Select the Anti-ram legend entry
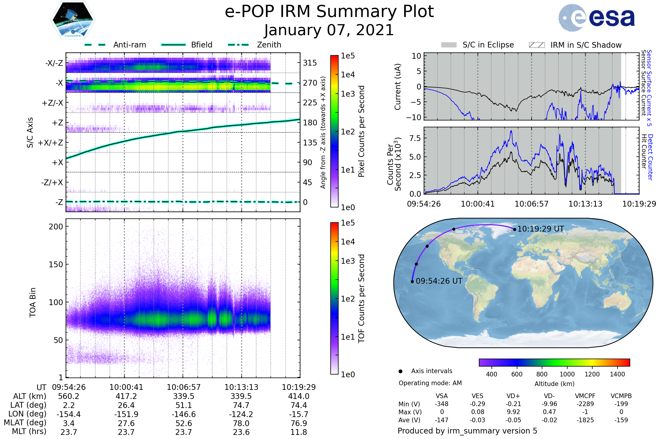coord(115,45)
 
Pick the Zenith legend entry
coord(255,45)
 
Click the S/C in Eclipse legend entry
coord(477,45)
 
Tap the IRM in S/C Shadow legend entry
coord(575,45)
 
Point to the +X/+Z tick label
coord(51,143)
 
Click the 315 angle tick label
coord(310,63)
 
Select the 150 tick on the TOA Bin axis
coord(56,264)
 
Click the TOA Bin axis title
coord(33,302)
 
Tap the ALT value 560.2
coord(69,396)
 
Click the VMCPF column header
coord(585,396)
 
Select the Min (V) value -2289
coord(585,404)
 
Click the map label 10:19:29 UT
coord(540,229)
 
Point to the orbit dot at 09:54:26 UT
coord(412,282)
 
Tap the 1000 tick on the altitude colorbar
coord(567,374)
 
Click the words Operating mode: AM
coord(430,383)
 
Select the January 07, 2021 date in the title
coord(329,30)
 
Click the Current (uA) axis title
coord(398,87)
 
